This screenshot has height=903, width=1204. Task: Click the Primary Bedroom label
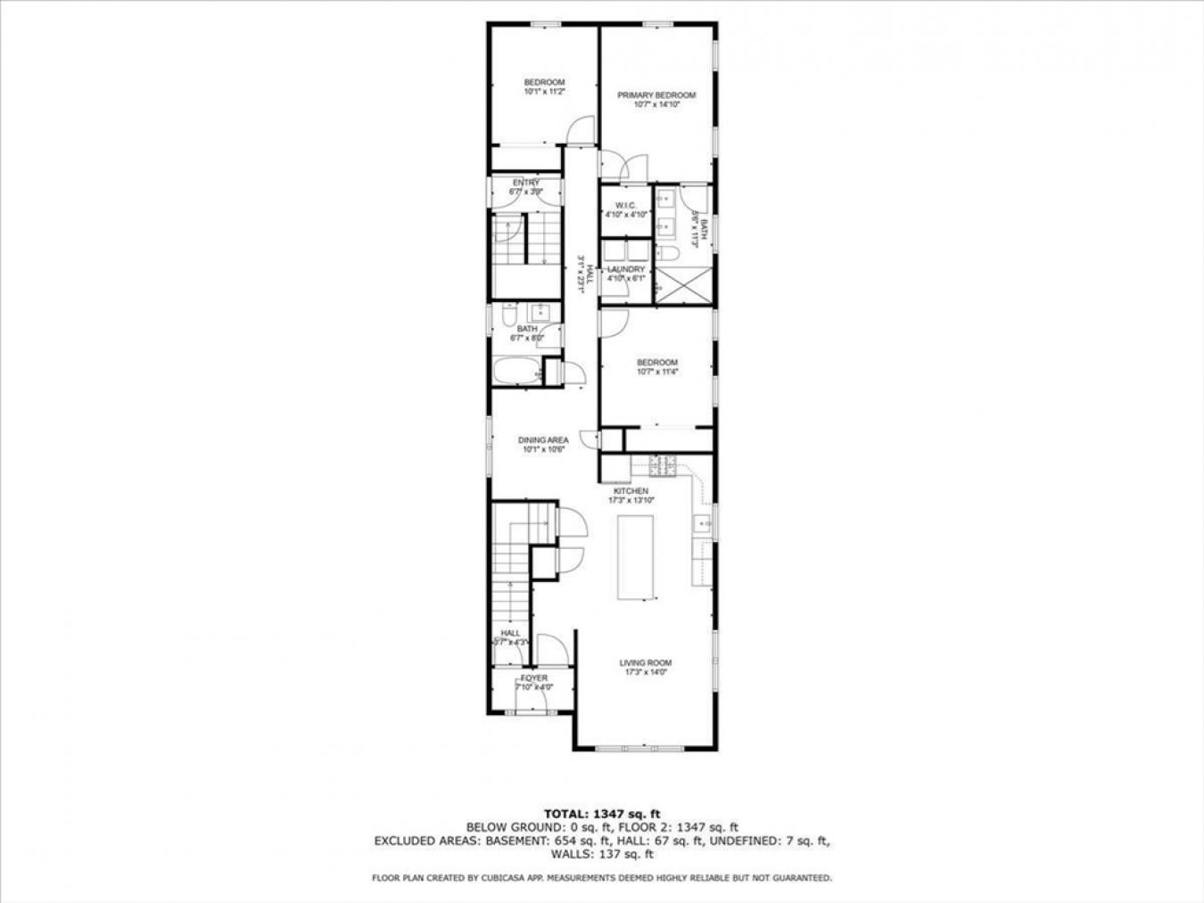click(656, 95)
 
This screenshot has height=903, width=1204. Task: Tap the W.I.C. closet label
click(624, 205)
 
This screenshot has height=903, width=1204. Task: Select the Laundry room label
click(625, 269)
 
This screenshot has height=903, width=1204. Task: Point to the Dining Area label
click(543, 440)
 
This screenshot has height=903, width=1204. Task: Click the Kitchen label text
click(631, 491)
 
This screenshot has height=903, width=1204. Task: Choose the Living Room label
click(646, 663)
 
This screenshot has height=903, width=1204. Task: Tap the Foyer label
click(534, 678)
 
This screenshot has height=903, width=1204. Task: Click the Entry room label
click(525, 183)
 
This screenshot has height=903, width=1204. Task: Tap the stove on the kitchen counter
click(663, 464)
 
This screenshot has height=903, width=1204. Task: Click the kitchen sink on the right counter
click(703, 523)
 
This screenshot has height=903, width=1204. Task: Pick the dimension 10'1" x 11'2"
click(544, 92)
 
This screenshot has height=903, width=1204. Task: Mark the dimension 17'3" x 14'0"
click(646, 673)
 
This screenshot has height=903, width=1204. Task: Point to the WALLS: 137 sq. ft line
click(602, 854)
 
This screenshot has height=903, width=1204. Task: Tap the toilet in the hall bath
click(507, 316)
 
